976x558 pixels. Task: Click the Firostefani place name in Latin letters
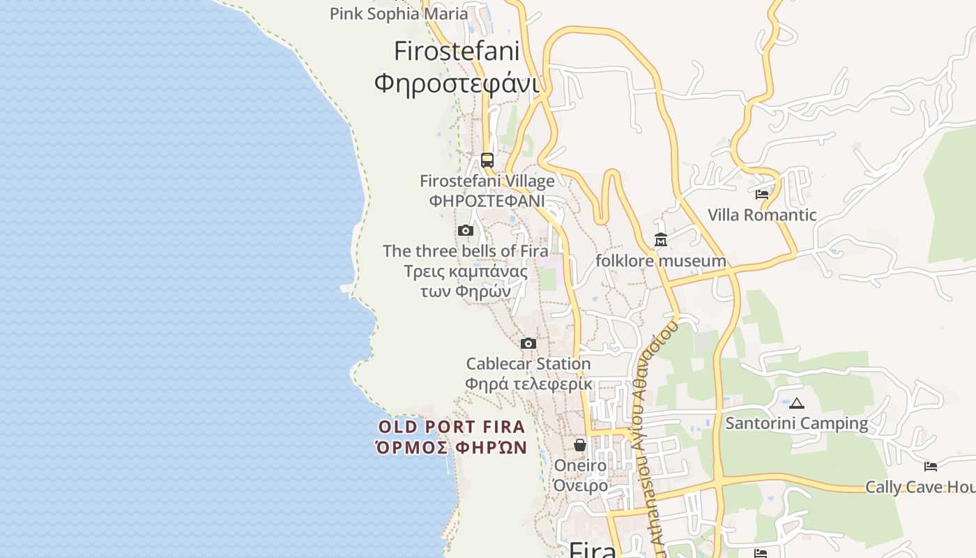tap(457, 51)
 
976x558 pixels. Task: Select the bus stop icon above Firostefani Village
tap(487, 160)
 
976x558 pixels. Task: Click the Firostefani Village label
tap(487, 181)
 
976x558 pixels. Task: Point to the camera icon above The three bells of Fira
tap(466, 230)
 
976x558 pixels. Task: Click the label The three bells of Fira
tap(465, 251)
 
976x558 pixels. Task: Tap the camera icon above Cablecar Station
tap(528, 343)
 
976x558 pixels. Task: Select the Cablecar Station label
tap(528, 363)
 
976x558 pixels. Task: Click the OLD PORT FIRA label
tap(452, 427)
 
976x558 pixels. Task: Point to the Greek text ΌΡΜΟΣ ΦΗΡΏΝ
tap(452, 447)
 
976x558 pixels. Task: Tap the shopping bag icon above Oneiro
tap(580, 444)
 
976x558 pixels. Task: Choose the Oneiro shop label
tap(580, 465)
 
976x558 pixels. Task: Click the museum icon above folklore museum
tap(661, 240)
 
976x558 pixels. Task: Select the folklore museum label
tap(660, 261)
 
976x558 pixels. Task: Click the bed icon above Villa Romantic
tap(762, 194)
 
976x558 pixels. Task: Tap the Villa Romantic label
tap(762, 215)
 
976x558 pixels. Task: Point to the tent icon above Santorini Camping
tap(797, 402)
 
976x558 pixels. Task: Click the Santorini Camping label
tap(797, 423)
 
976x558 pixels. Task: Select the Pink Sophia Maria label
tap(399, 13)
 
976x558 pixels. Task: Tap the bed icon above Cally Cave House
tap(930, 466)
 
